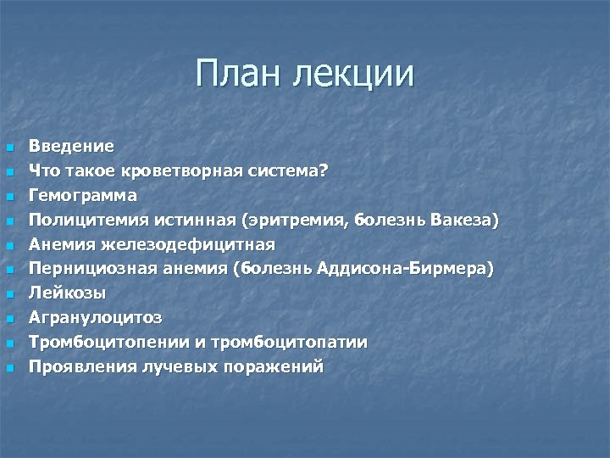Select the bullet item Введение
(x=71, y=146)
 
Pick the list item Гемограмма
(x=82, y=195)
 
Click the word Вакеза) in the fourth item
(x=465, y=220)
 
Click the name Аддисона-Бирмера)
(x=403, y=269)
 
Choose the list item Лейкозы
(x=67, y=293)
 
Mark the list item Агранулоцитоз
(x=95, y=318)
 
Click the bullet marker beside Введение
(x=9, y=148)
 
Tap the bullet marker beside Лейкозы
(x=9, y=295)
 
